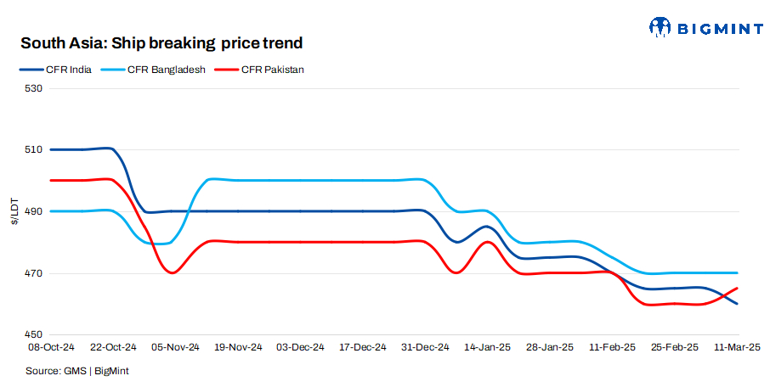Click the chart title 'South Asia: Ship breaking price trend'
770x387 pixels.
click(x=161, y=42)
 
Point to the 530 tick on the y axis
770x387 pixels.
click(x=33, y=88)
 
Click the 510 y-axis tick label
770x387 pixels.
click(x=33, y=150)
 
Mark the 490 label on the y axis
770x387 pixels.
click(x=33, y=211)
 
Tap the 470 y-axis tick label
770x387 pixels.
click(x=33, y=273)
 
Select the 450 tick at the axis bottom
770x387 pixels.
click(x=33, y=334)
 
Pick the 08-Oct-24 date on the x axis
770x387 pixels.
click(x=51, y=347)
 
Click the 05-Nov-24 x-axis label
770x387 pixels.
click(x=175, y=347)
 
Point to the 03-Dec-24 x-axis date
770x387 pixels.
click(x=300, y=347)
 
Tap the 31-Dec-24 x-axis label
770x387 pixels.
click(x=425, y=347)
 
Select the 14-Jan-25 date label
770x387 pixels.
click(x=487, y=347)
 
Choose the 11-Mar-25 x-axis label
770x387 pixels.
click(x=736, y=347)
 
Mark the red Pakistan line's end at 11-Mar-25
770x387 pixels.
click(x=737, y=289)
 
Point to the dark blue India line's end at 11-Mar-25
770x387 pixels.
click(x=737, y=304)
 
